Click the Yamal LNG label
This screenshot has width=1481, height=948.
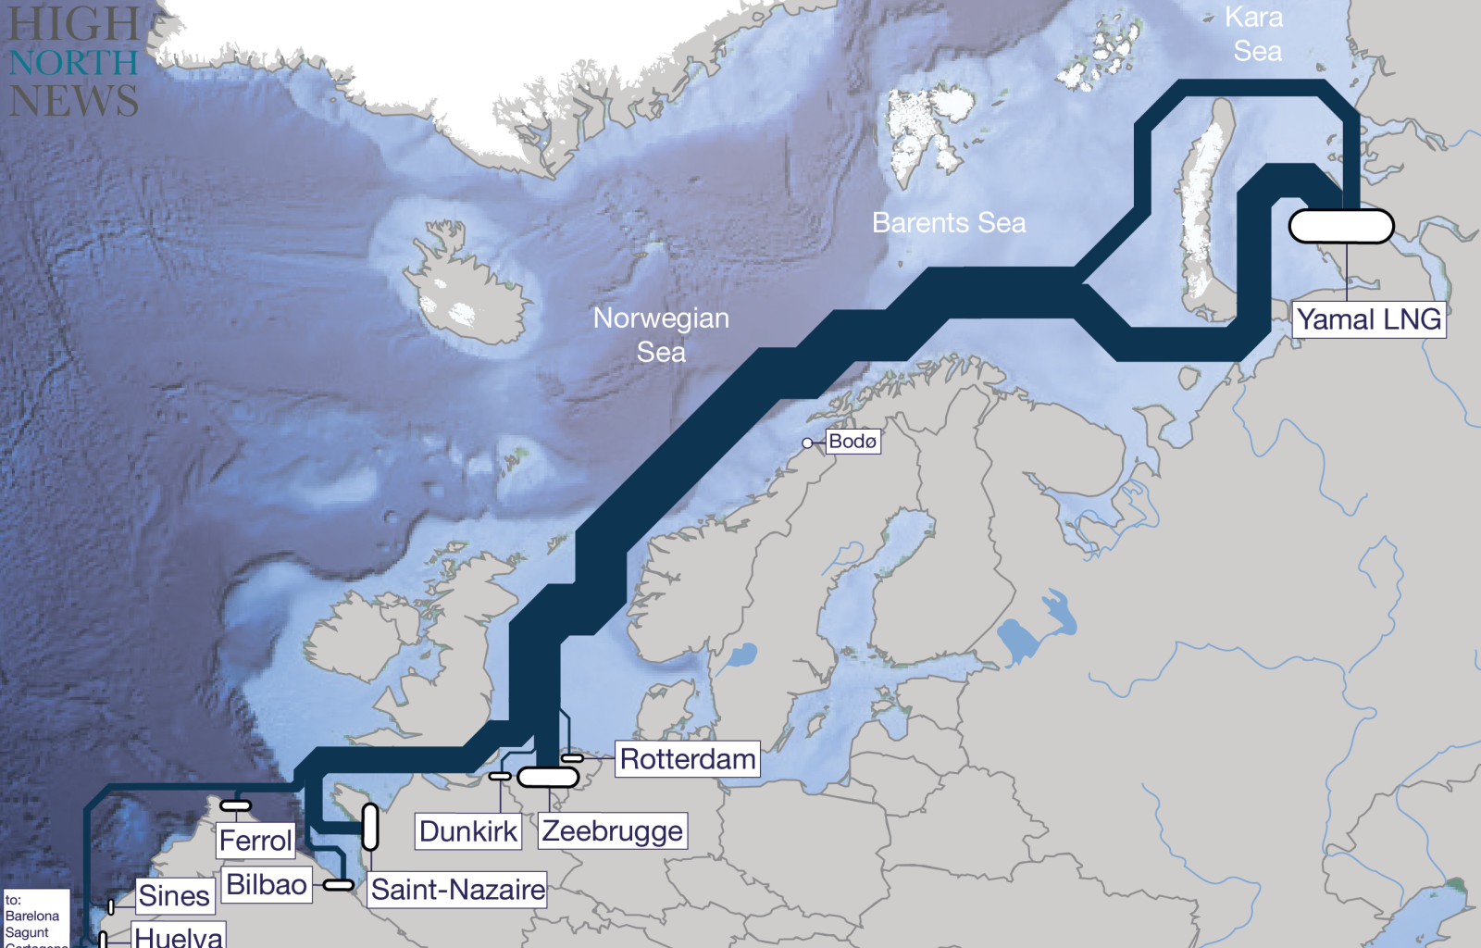tap(1368, 319)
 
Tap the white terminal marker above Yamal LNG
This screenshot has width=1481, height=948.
tap(1341, 226)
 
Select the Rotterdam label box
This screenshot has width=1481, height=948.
tap(687, 759)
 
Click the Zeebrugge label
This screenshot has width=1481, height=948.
tap(612, 831)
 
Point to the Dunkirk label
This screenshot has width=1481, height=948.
tap(468, 831)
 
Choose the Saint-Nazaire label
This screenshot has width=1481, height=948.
tap(457, 890)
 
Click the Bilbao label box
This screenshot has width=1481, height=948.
tap(267, 885)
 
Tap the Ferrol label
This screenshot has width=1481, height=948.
tap(255, 841)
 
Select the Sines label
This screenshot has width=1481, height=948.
tap(174, 896)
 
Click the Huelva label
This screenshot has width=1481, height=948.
tap(179, 936)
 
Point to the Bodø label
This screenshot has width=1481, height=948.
tap(853, 442)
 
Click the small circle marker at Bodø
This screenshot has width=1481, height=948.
tap(807, 443)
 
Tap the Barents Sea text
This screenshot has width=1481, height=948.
tap(949, 223)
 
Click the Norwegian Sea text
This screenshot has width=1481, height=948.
tap(661, 334)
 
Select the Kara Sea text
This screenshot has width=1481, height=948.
tap(1256, 34)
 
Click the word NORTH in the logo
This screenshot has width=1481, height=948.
tap(74, 63)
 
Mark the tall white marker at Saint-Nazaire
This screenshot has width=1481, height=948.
tap(370, 827)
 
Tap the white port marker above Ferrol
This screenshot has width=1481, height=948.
tap(235, 805)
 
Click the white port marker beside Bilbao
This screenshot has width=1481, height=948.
tap(338, 885)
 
